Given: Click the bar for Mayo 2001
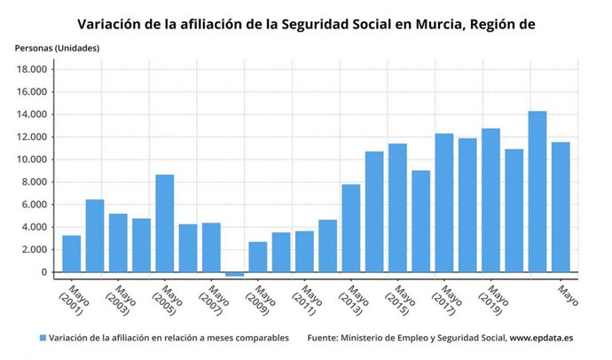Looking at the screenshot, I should coord(72,254).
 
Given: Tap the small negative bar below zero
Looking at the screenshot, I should coord(234,275).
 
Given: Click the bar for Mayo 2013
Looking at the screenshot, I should coord(351,228).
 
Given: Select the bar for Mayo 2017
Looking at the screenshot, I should coord(444,203).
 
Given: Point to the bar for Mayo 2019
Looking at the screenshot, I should coord(490,200).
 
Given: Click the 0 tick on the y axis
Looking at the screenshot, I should coord(44,272).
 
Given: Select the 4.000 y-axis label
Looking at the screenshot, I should coord(35,227).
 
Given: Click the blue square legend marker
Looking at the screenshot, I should coord(43,338).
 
